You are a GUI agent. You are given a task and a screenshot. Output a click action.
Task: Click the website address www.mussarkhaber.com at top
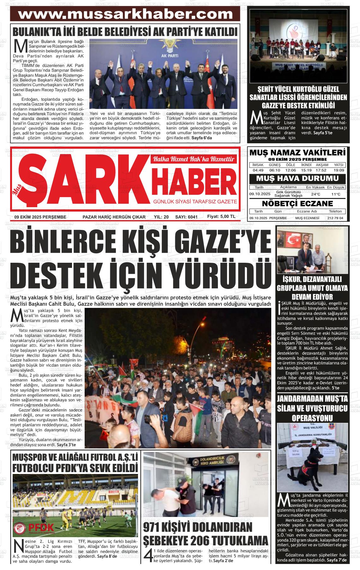coord(125,14)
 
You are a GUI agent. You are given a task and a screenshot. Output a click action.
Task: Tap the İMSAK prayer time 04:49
coord(258,170)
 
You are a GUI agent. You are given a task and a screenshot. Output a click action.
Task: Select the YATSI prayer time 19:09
coord(339,170)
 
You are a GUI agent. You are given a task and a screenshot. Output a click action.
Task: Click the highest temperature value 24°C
coord(315,194)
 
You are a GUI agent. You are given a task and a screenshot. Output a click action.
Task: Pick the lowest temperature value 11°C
coord(336,194)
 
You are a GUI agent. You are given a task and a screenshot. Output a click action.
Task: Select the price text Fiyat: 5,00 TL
coord(221,217)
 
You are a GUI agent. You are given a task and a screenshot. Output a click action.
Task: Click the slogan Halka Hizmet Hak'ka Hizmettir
coord(193,159)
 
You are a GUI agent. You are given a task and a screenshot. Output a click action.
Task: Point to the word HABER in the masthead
coord(195,182)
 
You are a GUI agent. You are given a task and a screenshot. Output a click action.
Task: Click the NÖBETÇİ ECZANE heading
coord(297,203)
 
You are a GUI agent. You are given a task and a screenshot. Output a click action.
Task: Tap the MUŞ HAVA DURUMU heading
coord(297,178)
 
